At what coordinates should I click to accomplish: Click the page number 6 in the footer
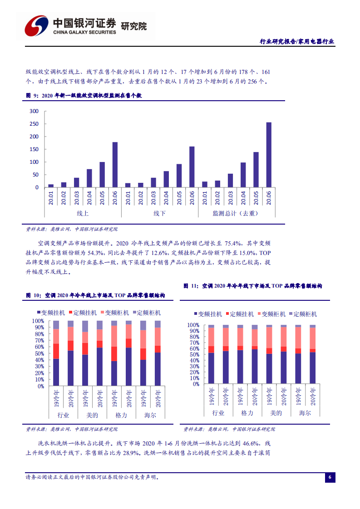pos(330,477)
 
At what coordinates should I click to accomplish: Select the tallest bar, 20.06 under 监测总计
pos(269,155)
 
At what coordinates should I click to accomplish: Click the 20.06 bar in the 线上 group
pos(115,165)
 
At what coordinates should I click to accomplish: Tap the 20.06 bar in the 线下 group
pos(192,166)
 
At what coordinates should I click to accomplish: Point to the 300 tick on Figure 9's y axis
pos(34,111)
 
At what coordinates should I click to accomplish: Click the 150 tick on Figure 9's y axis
pos(34,149)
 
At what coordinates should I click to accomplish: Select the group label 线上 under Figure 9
pos(83,213)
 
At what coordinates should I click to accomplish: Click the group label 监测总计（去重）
pos(237,213)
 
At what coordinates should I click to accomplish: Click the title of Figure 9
pos(84,96)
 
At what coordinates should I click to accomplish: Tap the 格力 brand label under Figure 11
pos(247,413)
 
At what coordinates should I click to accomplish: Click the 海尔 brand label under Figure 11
pos(305,413)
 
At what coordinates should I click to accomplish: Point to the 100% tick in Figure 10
pos(38,321)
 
